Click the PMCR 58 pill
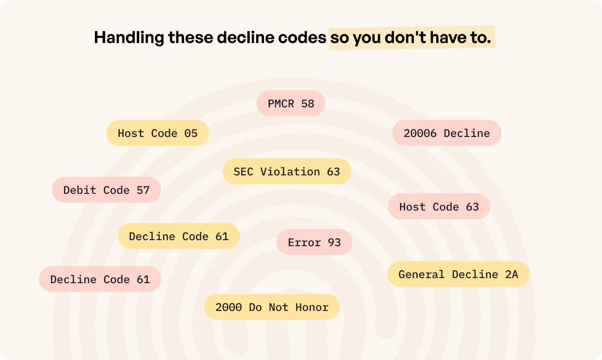point(291,103)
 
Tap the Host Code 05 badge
point(158,133)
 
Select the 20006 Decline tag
point(447,133)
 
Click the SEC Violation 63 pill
point(287,171)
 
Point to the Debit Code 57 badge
point(107,190)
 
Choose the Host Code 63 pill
point(439,206)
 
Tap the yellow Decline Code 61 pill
point(179,236)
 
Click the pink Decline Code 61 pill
point(100,279)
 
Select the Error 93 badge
point(314,242)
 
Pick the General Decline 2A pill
point(458,274)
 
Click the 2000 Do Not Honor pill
point(272,307)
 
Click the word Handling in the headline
point(129,37)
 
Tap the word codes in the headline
point(302,37)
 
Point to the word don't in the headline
point(405,37)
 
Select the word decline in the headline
point(245,37)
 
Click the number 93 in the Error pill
point(334,242)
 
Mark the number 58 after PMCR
point(307,104)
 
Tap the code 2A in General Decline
point(512,274)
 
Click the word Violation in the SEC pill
point(290,172)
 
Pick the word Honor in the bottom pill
point(312,307)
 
